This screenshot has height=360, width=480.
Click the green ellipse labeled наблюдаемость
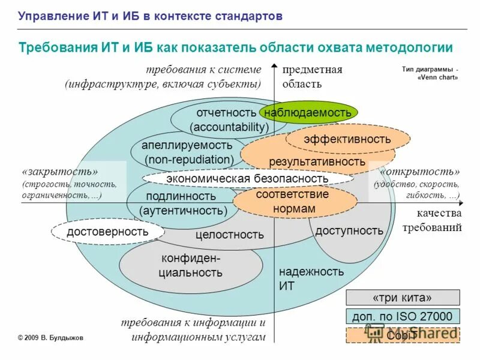(308, 112)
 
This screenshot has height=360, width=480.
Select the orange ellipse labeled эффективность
(347, 140)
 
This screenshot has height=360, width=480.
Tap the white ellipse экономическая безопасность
(247, 179)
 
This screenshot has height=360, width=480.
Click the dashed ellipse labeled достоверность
(107, 232)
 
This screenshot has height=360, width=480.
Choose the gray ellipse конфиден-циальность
(191, 266)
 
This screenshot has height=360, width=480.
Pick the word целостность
(229, 235)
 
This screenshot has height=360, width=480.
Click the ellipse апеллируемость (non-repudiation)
(187, 153)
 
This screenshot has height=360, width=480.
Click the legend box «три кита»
(403, 298)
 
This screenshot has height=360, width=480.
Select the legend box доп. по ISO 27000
(403, 316)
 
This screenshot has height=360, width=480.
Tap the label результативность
(317, 162)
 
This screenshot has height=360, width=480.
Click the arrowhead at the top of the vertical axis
(274, 67)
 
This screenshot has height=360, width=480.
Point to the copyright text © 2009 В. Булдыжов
(50, 338)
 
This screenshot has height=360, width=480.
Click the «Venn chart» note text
(429, 77)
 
